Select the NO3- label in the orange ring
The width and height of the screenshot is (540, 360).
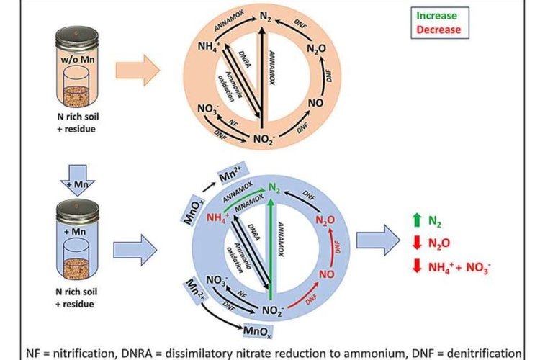pyautogui.click(x=207, y=112)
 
